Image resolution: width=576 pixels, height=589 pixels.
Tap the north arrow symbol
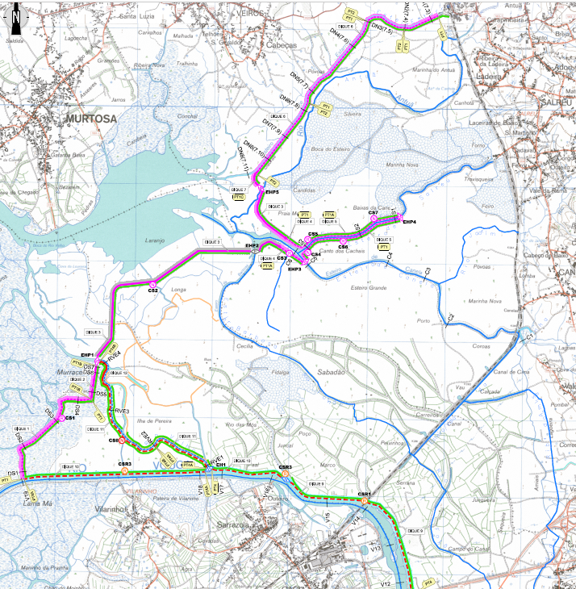click(14, 14)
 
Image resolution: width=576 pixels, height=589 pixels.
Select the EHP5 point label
click(271, 193)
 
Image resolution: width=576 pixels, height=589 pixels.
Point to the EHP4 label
click(409, 222)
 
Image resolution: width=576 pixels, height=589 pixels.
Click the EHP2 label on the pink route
click(252, 245)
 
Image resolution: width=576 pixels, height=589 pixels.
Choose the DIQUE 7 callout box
click(237, 190)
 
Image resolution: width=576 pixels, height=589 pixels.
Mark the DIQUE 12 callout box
click(119, 373)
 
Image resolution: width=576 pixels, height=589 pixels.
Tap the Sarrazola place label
click(235, 524)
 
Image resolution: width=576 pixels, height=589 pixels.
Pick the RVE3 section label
click(122, 411)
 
